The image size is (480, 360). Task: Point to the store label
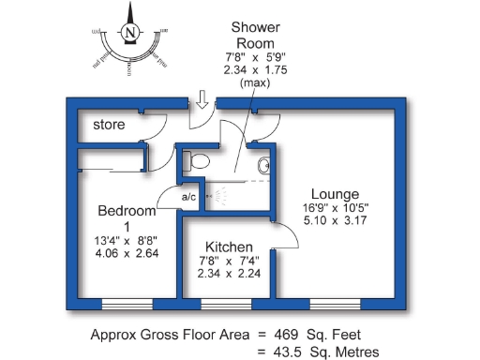pyautogui.click(x=110, y=125)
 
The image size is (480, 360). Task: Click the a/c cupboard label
pyautogui.click(x=188, y=196)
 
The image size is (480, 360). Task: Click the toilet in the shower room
pyautogui.click(x=196, y=161)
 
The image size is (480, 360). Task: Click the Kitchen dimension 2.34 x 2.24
pyautogui.click(x=230, y=274)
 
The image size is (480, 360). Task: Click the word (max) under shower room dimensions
pyautogui.click(x=256, y=82)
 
